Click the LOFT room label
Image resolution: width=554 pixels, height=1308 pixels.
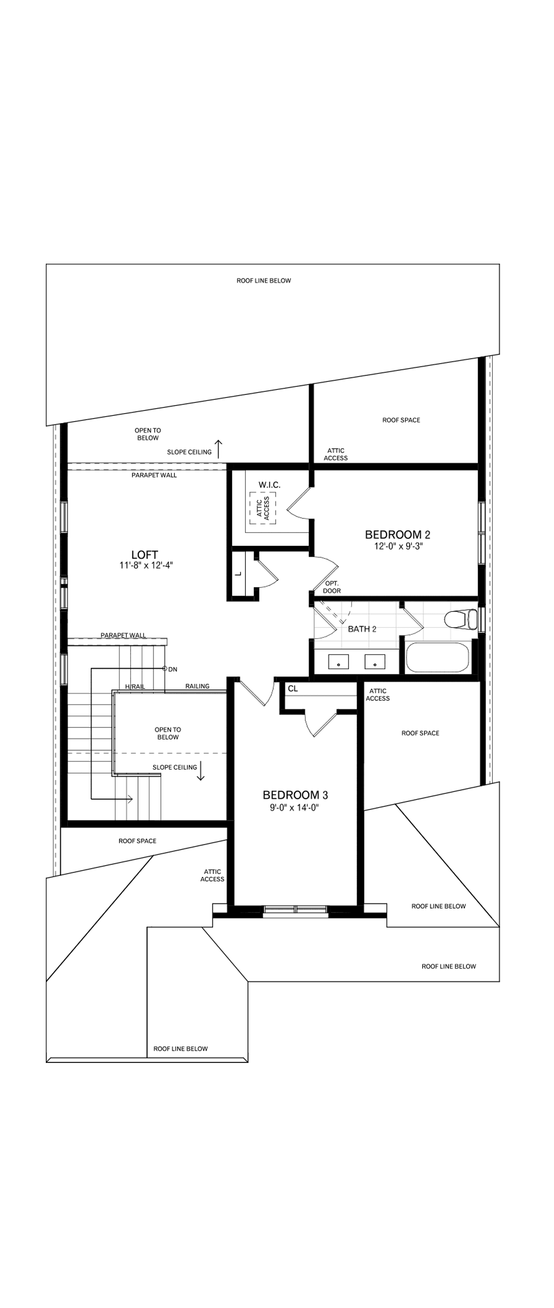[145, 554]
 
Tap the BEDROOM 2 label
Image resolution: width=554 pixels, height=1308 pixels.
[397, 534]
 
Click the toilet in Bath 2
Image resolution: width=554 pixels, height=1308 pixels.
[460, 619]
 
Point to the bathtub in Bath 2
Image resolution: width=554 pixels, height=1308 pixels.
[437, 658]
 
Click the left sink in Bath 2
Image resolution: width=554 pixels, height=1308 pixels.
[338, 662]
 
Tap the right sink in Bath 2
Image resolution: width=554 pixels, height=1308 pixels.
[375, 662]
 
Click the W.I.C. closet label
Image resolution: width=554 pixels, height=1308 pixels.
[269, 485]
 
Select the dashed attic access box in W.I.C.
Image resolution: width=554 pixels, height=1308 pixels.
[263, 508]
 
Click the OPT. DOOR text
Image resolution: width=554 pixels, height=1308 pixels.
[332, 587]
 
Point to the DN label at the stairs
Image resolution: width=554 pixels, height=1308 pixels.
[173, 669]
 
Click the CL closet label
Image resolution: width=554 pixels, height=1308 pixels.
[293, 689]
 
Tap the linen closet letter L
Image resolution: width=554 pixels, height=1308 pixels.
[238, 575]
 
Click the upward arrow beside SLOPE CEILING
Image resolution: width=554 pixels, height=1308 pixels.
[219, 448]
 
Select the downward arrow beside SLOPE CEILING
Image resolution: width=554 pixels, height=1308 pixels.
[201, 770]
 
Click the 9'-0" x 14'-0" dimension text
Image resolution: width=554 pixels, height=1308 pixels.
[294, 807]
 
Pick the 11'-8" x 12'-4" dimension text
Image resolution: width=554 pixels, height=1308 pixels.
[147, 565]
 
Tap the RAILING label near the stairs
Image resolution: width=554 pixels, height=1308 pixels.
[197, 686]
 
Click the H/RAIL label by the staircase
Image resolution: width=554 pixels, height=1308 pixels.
[134, 687]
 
